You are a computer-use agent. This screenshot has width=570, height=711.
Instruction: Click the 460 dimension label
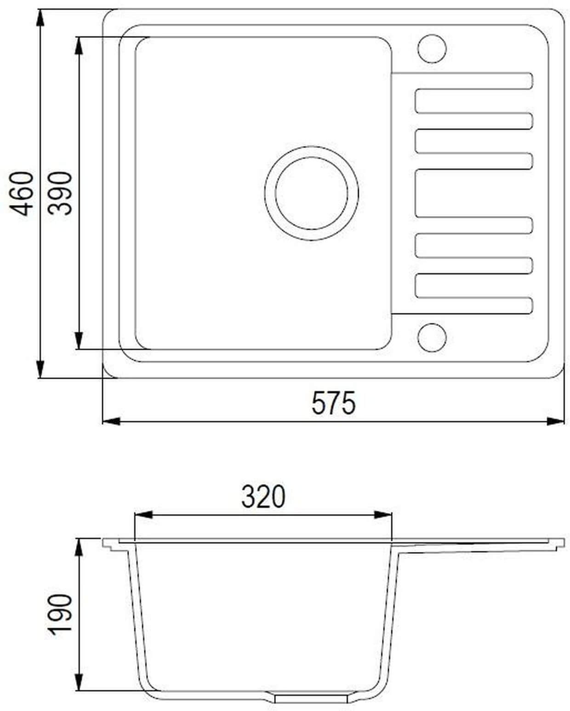[22, 193]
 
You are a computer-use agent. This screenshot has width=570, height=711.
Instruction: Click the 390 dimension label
[60, 193]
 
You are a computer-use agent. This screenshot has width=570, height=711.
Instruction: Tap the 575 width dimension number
[333, 403]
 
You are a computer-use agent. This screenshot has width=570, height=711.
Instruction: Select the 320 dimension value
[263, 497]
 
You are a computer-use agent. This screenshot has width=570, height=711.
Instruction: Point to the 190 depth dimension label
[60, 615]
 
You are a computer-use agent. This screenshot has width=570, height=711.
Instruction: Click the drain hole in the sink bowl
[311, 193]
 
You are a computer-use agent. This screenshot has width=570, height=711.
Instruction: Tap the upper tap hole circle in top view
[432, 48]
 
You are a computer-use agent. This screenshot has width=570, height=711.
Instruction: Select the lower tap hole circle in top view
[432, 337]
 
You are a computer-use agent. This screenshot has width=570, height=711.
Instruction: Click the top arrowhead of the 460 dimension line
[40, 18]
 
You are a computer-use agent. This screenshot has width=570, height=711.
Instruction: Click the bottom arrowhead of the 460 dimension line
[40, 369]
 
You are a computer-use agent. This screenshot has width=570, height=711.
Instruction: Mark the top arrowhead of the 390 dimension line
[80, 46]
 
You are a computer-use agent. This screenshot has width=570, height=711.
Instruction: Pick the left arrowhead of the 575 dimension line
[111, 421]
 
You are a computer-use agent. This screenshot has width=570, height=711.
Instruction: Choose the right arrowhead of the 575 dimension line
[555, 421]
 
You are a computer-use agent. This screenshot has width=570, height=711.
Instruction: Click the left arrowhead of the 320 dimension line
[143, 515]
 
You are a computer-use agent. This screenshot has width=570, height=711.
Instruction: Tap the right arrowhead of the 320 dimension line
[383, 515]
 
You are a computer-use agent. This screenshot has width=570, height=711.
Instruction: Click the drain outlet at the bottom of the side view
[311, 699]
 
